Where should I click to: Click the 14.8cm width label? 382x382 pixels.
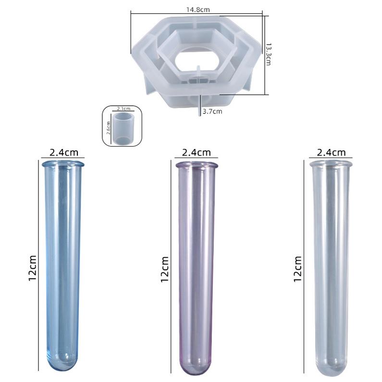click(x=198, y=10)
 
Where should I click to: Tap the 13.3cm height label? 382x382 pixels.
click(x=268, y=54)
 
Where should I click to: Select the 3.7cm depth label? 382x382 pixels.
click(x=212, y=111)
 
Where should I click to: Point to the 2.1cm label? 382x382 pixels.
click(x=123, y=109)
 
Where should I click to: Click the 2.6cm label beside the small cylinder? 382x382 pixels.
click(x=109, y=128)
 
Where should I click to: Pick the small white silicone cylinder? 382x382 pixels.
click(x=124, y=128)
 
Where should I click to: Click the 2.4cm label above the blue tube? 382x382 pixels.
click(x=64, y=153)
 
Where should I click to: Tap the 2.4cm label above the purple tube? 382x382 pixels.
click(x=197, y=153)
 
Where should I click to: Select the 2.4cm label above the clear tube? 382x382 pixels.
click(x=331, y=153)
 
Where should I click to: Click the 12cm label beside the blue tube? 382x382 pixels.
click(x=32, y=268)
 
